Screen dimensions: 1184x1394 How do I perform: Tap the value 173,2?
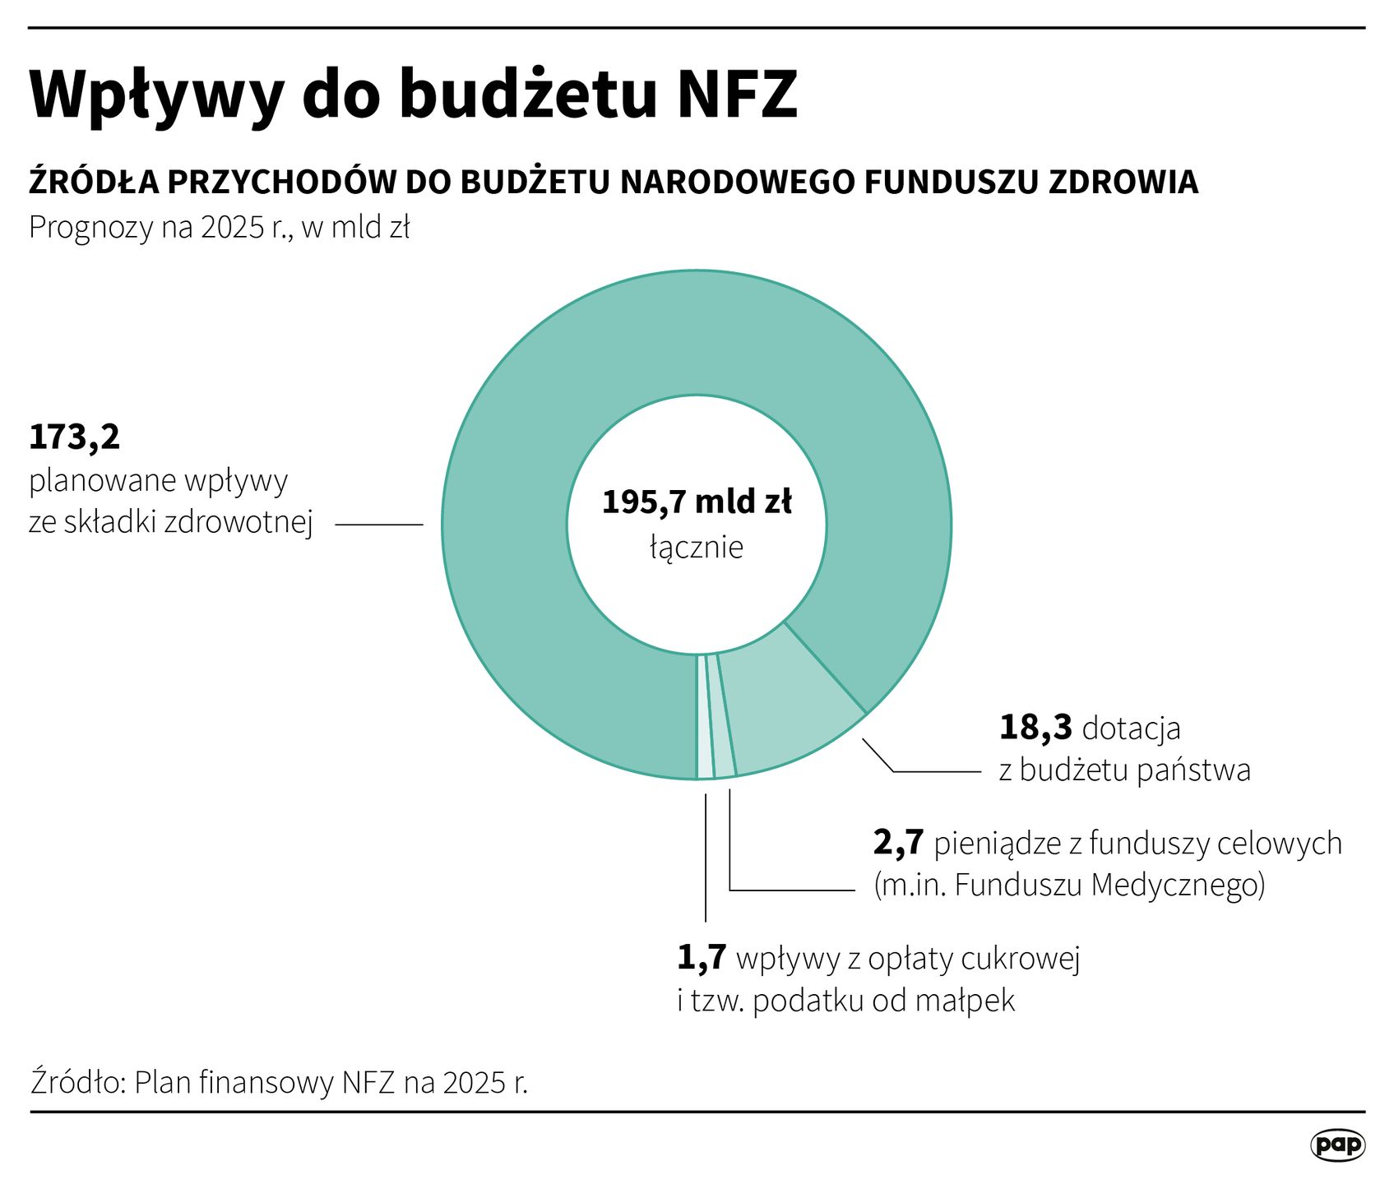tap(74, 437)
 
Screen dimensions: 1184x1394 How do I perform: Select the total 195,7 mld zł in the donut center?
tap(697, 502)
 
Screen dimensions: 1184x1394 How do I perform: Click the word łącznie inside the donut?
tap(697, 548)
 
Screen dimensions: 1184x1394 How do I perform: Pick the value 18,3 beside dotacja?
tap(1035, 728)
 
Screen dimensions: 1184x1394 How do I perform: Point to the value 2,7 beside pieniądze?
tap(898, 843)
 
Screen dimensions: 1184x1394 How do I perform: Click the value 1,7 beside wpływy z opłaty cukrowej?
tap(702, 958)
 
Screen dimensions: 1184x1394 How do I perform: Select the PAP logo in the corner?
tap(1336, 1145)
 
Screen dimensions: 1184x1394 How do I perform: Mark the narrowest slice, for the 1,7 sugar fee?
tap(704, 724)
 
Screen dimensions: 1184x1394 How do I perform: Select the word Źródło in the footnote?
tap(76, 1082)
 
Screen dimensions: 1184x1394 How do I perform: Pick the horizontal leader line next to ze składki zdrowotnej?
tap(378, 524)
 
